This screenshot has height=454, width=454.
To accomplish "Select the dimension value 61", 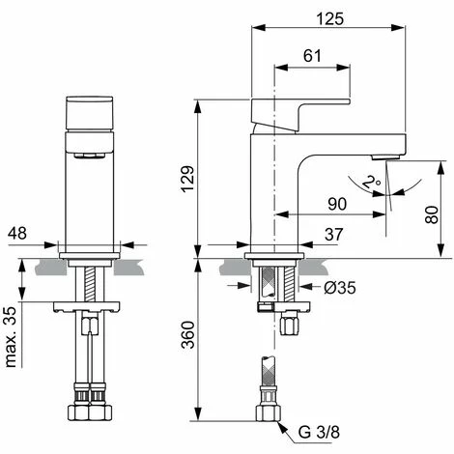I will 311,57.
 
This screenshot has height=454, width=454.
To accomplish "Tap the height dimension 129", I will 185,175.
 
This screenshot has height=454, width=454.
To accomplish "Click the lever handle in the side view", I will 299,108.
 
